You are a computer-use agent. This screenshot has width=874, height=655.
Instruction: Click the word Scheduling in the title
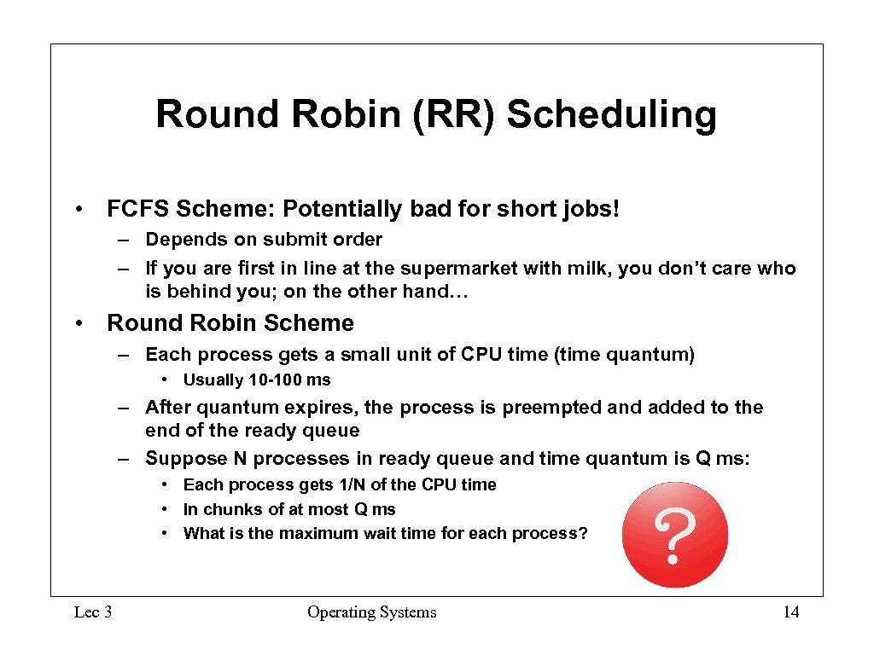pos(611,115)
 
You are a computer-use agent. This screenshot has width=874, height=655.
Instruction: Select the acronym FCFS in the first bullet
pos(135,209)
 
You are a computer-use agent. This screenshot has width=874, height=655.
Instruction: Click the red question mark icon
pos(675,535)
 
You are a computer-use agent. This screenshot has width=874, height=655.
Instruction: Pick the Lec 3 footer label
pos(93,612)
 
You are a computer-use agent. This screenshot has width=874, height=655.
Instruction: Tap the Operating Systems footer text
pos(371,612)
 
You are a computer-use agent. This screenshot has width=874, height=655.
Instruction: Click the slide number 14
pos(791,612)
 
